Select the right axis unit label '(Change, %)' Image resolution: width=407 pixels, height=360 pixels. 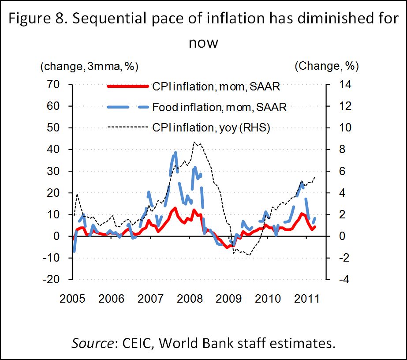pyautogui.click(x=326, y=67)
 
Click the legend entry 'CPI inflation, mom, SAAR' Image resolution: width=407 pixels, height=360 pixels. pyautogui.click(x=217, y=86)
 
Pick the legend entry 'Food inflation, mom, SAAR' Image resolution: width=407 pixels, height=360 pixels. pyautogui.click(x=219, y=107)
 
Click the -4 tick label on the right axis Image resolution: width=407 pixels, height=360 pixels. pyautogui.click(x=340, y=279)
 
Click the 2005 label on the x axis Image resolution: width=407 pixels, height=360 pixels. pyautogui.click(x=73, y=299)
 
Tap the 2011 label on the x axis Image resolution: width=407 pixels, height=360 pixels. pyautogui.click(x=307, y=299)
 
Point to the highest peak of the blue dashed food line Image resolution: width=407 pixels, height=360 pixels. pyautogui.click(x=175, y=153)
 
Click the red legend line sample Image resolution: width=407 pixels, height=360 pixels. pyautogui.click(x=128, y=86)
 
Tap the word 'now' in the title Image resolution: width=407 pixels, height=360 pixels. pyautogui.click(x=203, y=43)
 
